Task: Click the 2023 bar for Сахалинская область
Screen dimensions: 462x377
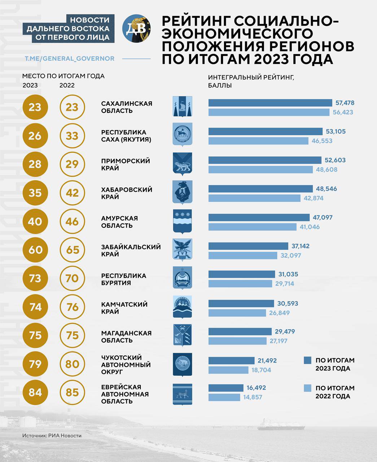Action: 270,103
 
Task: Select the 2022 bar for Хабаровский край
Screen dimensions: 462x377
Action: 254,198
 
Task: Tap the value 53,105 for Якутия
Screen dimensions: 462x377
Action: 335,131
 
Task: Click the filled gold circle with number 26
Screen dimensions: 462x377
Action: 35,136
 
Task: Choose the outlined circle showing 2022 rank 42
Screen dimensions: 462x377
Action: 72,193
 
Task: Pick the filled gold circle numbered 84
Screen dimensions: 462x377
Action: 35,392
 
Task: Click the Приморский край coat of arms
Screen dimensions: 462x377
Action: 183,164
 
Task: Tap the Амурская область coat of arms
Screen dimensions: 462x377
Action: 183,221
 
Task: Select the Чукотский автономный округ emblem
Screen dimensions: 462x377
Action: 183,365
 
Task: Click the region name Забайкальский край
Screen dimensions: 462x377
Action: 131,250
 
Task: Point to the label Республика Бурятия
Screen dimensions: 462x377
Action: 123,279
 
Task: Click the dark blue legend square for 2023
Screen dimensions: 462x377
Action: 307,360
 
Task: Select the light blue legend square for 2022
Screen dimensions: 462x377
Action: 307,388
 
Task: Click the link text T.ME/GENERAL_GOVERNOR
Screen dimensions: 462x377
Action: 69,58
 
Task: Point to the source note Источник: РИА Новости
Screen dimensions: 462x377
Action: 52,436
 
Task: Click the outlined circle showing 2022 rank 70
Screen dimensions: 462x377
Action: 72,279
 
